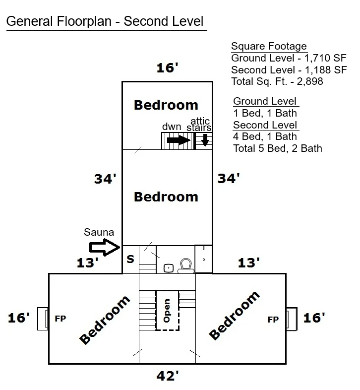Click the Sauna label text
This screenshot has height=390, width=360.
99,232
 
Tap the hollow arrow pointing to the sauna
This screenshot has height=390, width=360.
105,247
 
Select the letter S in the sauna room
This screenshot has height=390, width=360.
130,259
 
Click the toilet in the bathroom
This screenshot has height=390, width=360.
186,265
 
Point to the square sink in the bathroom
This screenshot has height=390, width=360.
169,268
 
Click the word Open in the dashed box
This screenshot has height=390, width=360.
167,311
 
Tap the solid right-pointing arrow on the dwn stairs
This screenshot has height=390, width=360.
179,140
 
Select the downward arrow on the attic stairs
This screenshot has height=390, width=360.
205,140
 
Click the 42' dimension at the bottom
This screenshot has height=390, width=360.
168,376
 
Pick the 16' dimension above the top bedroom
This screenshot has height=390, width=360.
167,68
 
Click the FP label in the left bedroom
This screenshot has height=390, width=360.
60,319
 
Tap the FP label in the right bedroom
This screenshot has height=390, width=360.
273,320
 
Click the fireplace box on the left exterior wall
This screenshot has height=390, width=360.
43,319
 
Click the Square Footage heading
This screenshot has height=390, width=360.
269,46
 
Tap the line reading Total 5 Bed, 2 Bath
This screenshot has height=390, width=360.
278,148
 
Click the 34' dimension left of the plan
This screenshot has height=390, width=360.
105,179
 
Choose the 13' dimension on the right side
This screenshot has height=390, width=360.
248,263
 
